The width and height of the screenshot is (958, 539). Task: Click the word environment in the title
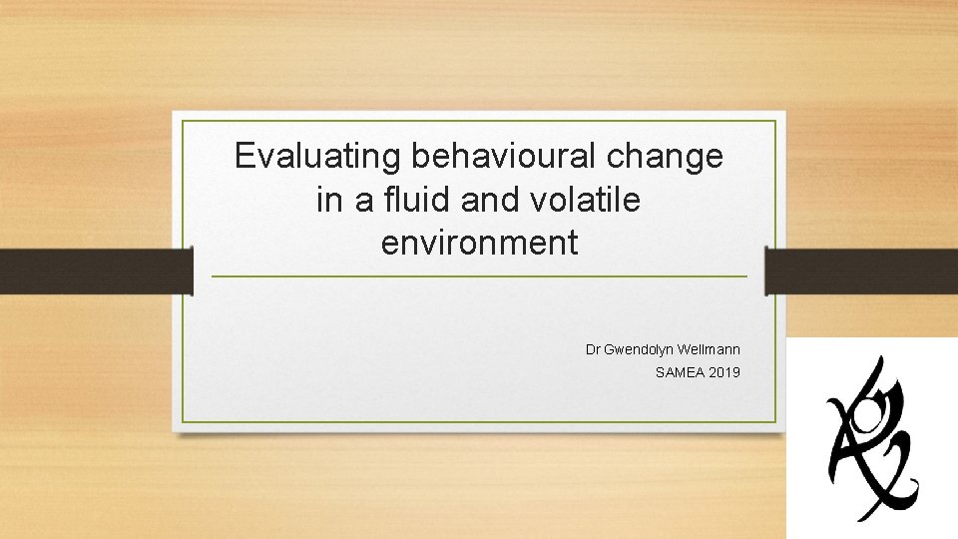479,243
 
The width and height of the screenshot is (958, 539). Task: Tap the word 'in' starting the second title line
328,200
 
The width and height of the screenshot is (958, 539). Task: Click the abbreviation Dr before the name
593,349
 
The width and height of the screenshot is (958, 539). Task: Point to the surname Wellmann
710,349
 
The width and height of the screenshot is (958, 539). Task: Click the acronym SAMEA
679,372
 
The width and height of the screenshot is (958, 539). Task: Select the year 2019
724,372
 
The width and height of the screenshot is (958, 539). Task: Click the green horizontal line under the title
479,276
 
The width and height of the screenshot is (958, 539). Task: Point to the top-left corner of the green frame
183,122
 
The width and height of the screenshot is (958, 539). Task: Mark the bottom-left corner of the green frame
183,421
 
